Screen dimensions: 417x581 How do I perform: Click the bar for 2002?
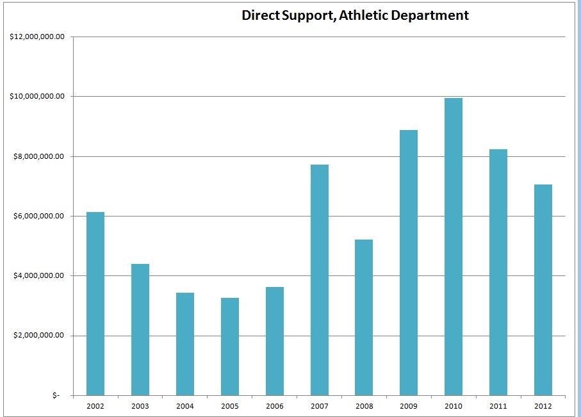click(x=95, y=304)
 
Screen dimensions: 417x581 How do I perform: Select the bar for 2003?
click(x=140, y=329)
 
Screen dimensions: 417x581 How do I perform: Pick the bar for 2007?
click(x=319, y=280)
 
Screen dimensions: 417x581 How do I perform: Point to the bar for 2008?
click(x=364, y=317)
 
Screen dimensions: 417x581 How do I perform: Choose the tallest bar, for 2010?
click(x=454, y=247)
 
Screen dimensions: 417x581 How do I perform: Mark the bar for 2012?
click(x=543, y=290)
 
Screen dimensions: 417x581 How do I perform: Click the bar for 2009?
click(x=409, y=263)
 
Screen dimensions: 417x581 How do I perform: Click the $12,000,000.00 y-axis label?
click(x=38, y=37)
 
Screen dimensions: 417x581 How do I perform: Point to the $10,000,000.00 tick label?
click(x=38, y=97)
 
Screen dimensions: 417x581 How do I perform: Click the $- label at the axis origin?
click(x=56, y=396)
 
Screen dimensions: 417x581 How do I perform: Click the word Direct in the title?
click(x=260, y=15)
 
